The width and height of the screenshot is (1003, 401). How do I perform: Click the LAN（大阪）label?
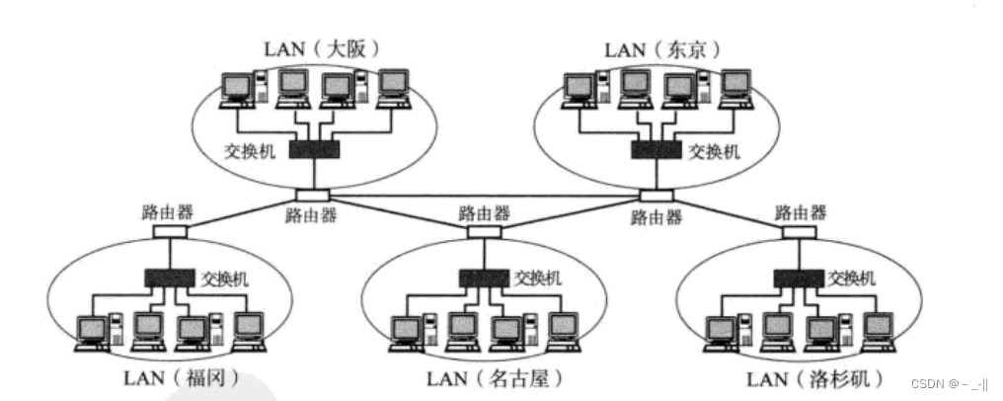click(322, 47)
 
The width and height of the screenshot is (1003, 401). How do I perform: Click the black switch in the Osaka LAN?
click(314, 149)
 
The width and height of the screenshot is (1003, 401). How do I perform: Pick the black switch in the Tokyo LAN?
click(656, 149)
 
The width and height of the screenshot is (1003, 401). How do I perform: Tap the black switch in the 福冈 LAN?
click(170, 279)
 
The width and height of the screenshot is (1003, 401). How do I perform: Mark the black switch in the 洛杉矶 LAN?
click(799, 279)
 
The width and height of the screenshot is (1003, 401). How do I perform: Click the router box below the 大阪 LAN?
click(311, 195)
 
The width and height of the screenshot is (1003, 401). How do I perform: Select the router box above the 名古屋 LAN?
click(483, 232)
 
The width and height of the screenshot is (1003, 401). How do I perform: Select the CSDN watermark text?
click(952, 383)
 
